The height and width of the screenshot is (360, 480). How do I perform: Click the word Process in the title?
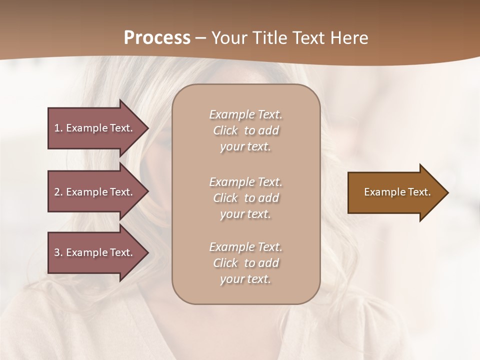[157, 37]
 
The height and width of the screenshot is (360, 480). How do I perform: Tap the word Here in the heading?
[348, 37]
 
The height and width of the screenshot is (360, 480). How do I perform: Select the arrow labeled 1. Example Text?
[93, 128]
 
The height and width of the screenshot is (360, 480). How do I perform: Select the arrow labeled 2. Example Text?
[93, 192]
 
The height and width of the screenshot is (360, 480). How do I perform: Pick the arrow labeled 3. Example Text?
[93, 252]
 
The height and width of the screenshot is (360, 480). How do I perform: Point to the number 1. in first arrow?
[58, 128]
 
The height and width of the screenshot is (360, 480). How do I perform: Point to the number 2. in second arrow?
[58, 192]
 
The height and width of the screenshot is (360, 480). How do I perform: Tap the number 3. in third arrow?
[58, 252]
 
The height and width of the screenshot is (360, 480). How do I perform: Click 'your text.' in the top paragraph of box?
[245, 147]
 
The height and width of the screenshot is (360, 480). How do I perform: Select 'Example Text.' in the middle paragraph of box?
[245, 182]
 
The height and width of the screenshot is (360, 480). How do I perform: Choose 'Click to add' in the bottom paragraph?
[245, 263]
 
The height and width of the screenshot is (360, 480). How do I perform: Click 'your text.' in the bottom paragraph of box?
[245, 279]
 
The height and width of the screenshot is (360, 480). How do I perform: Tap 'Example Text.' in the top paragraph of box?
[245, 114]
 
